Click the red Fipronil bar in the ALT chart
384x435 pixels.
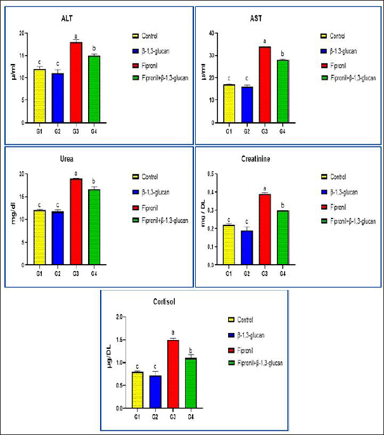click(76, 82)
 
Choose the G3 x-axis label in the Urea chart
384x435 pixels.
click(76, 273)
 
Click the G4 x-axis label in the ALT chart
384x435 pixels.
click(94, 129)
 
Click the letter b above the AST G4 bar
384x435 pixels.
click(282, 54)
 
